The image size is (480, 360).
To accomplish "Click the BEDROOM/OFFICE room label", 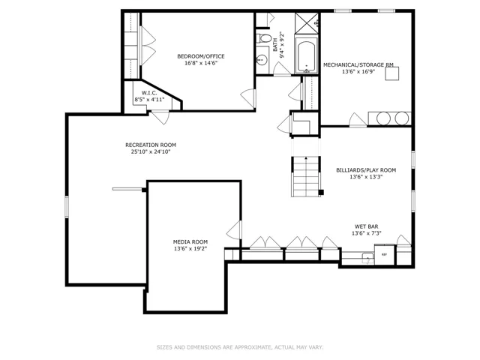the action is (x=201, y=56).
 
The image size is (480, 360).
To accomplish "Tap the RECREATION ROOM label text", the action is (x=151, y=145).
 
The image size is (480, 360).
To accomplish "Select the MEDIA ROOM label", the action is (x=190, y=241).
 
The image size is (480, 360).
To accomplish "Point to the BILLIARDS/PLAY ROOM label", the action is (x=366, y=170).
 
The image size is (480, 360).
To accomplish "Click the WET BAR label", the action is (x=367, y=226).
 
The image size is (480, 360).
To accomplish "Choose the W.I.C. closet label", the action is (x=149, y=93).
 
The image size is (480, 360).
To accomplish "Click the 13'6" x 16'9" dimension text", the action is (x=358, y=72).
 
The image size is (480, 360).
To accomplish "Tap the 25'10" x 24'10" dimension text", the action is (x=151, y=151).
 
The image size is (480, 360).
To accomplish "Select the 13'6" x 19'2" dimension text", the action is (x=190, y=248).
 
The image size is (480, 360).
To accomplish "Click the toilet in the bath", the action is (x=264, y=38).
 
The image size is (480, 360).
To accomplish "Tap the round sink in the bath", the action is (x=262, y=59).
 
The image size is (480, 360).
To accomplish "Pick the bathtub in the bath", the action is (x=307, y=55).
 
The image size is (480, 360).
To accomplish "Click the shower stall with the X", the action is (x=307, y=23).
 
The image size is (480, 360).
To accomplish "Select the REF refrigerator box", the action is (x=385, y=254).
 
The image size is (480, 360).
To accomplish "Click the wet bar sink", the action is (x=367, y=258).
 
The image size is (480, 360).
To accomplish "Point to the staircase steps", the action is (x=306, y=177).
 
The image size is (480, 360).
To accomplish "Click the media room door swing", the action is (x=234, y=230).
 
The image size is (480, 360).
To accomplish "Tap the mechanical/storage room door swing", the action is (x=358, y=120).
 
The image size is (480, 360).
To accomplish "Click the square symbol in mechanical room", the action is (x=391, y=73).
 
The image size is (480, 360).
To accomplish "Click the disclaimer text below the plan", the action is (x=240, y=347).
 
